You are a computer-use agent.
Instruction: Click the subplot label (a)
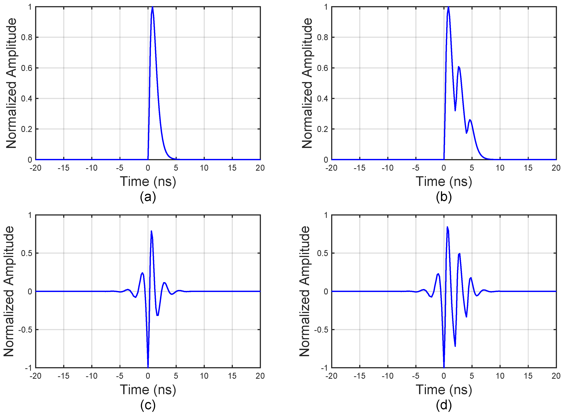[x=148, y=197]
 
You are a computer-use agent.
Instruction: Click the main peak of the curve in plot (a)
[x=152, y=7]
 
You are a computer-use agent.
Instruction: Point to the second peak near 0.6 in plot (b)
[x=459, y=67]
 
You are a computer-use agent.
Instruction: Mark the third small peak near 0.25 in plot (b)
[x=470, y=120]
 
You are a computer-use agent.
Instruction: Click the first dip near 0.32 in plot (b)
[x=455, y=111]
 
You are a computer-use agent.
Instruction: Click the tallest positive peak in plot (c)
[x=151, y=231]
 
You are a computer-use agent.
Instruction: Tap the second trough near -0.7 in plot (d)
[x=455, y=346]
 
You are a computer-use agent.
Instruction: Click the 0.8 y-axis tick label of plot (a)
[x=27, y=37]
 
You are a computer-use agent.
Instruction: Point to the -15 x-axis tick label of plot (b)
[x=359, y=168]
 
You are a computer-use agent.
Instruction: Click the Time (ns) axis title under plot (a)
[x=148, y=181]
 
